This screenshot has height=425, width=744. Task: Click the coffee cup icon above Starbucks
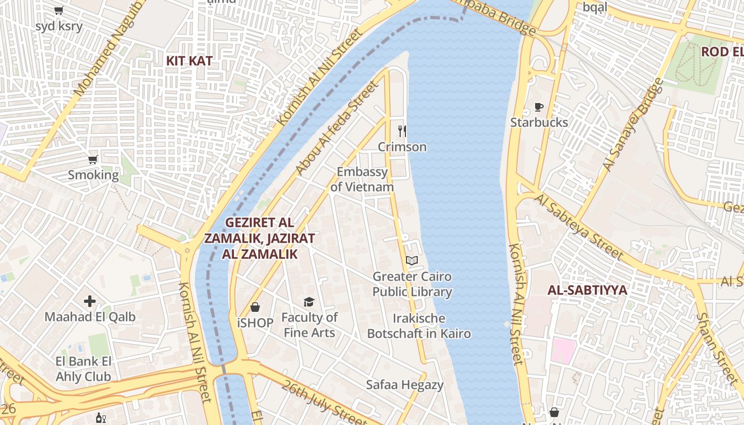click(x=539, y=107)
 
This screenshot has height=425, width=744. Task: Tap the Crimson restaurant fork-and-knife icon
click(x=402, y=131)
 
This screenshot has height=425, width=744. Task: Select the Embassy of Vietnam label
click(x=362, y=180)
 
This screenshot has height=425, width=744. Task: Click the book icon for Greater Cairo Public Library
click(x=412, y=260)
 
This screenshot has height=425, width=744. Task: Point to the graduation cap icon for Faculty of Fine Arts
click(x=309, y=302)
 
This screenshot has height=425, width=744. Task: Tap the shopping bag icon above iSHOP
click(x=255, y=307)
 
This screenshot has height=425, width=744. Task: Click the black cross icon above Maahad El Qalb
click(x=90, y=302)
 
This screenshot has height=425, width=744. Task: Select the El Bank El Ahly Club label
click(x=84, y=369)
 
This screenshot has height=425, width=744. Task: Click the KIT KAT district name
click(x=189, y=61)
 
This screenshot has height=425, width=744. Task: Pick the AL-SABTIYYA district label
click(x=587, y=291)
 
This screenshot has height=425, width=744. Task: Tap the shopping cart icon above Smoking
click(x=93, y=159)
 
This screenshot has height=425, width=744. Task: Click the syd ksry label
click(x=59, y=26)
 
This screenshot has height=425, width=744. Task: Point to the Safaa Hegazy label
click(x=404, y=385)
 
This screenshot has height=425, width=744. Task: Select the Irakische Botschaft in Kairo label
click(x=419, y=326)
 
